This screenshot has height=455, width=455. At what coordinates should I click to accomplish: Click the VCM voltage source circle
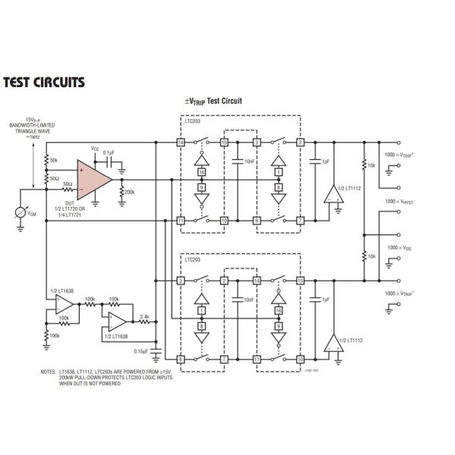[20, 213]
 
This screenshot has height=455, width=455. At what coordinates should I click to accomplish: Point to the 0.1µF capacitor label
[108, 152]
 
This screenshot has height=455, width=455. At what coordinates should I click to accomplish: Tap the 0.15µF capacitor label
[141, 351]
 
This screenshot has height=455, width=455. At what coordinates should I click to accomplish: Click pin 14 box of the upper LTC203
[180, 142]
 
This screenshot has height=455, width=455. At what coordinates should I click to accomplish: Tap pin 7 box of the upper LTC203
[300, 221]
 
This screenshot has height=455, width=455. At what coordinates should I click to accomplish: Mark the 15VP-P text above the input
[33, 119]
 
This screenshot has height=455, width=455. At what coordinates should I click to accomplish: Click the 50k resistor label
[53, 161]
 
